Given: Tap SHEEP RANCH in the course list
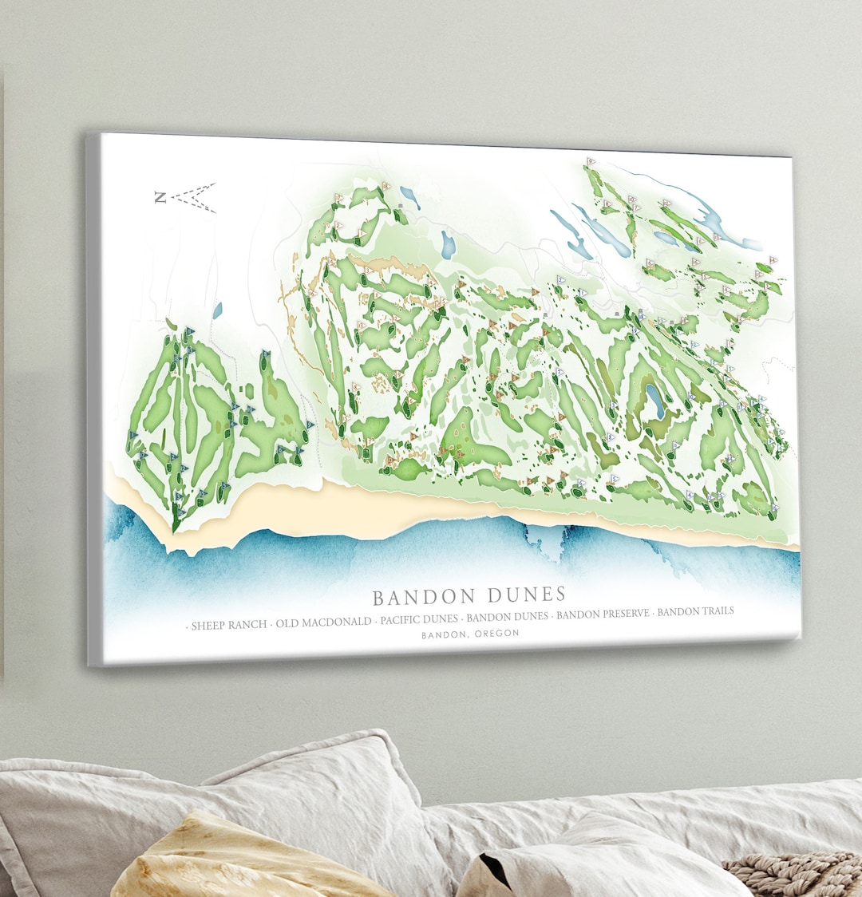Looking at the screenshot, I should click(x=228, y=624).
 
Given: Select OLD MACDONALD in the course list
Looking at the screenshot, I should click(x=323, y=622).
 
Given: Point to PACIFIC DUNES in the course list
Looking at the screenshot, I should click(x=419, y=618).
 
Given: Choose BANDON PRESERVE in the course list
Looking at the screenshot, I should click(x=603, y=614).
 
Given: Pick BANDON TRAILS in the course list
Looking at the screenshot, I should click(x=695, y=611).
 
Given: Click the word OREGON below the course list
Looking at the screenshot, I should click(x=496, y=633).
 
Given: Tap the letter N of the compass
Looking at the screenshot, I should click(x=160, y=197).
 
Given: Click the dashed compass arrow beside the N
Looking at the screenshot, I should click(x=195, y=197).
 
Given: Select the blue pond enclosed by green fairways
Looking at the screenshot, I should click(x=655, y=401).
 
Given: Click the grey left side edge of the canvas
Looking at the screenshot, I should click(x=93, y=399).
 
